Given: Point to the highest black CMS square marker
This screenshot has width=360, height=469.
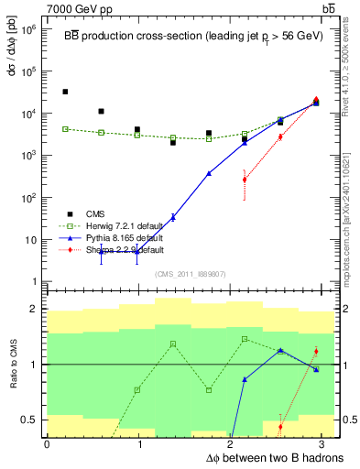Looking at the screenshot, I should click(65, 92).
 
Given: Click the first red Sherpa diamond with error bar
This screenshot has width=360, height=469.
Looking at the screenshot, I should click(245, 180).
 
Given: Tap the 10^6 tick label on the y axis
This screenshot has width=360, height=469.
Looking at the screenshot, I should click(27, 29).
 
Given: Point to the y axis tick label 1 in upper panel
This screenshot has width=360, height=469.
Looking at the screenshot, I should click(33, 282).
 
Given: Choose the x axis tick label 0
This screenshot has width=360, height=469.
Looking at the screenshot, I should click(47, 444).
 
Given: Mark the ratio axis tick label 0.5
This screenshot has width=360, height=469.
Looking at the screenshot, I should click(31, 420).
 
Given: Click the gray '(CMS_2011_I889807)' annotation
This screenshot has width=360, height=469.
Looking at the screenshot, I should click(191, 273).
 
